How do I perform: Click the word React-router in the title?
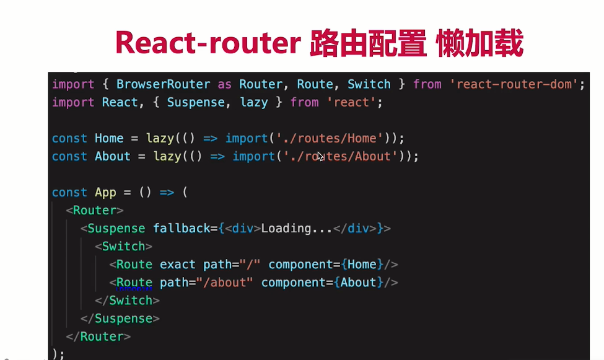coord(208,43)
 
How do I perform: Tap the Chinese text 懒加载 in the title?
coord(480,43)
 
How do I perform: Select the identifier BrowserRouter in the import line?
coord(164,84)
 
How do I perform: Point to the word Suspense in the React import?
coord(196,102)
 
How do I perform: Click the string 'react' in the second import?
coord(351,102)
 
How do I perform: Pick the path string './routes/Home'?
coord(330,138)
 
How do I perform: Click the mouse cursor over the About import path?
coord(320,157)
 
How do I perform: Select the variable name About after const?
coord(113,157)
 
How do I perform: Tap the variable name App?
coord(105,192)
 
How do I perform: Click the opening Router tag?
coord(95,211)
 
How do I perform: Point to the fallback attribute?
coord(182,229)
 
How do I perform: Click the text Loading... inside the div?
coord(296,229)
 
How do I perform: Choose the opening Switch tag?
coord(124,246)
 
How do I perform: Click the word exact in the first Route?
coord(178,265)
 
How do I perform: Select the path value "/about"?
coord(225,283)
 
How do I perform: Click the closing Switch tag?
coord(127,301)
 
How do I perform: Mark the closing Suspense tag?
coord(120,318)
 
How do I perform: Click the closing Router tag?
coord(98,336)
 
